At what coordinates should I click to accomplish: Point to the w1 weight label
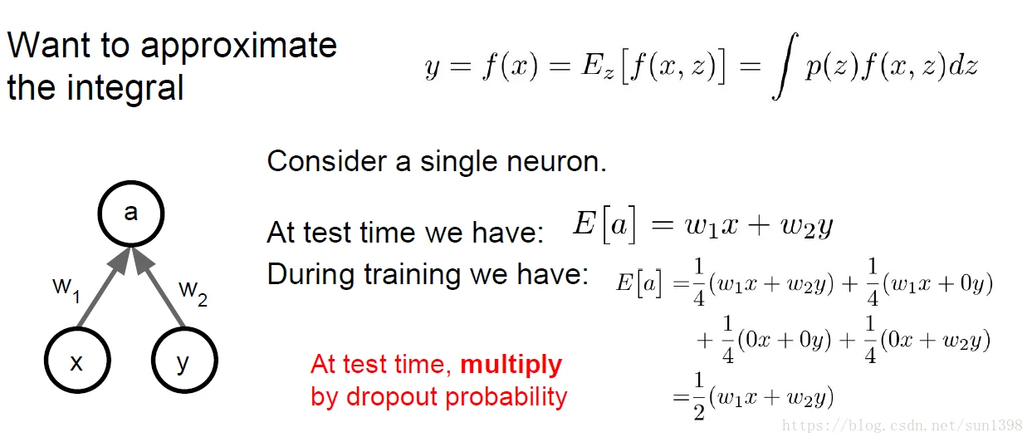(x=66, y=290)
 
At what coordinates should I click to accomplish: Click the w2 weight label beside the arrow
(x=193, y=293)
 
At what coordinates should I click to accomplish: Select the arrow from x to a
(x=104, y=287)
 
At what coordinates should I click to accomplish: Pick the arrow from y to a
(x=159, y=287)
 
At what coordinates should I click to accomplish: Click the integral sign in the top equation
(x=785, y=66)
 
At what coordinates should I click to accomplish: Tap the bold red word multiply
(x=511, y=366)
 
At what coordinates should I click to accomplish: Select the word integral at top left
(x=125, y=87)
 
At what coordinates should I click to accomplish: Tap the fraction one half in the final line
(x=699, y=396)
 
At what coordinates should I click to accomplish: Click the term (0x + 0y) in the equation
(x=784, y=340)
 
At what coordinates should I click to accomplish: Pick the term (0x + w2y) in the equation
(x=935, y=341)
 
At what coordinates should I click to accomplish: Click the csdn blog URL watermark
(x=902, y=425)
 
